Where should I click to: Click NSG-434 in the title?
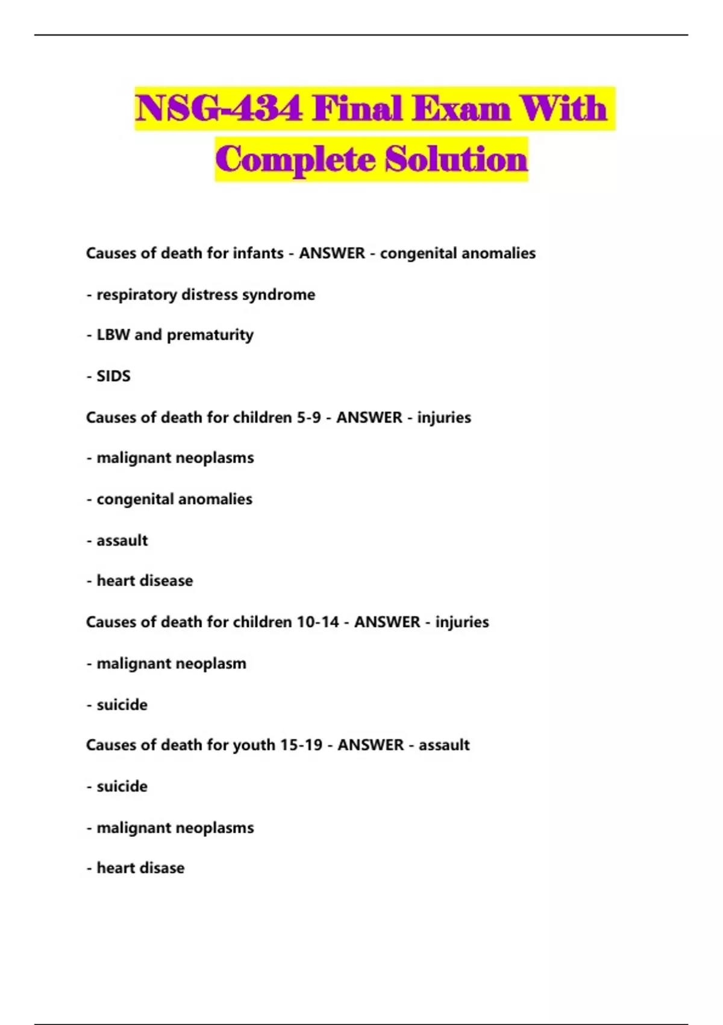219,109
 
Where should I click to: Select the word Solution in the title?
456,159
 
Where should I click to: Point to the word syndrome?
278,295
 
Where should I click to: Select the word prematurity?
210,335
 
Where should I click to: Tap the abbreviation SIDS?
113,376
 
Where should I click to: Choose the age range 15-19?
301,745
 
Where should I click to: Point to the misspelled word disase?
161,868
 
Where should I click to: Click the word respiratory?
137,295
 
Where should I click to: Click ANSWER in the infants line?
332,253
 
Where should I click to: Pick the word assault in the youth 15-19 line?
444,745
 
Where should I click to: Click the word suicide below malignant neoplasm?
122,705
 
